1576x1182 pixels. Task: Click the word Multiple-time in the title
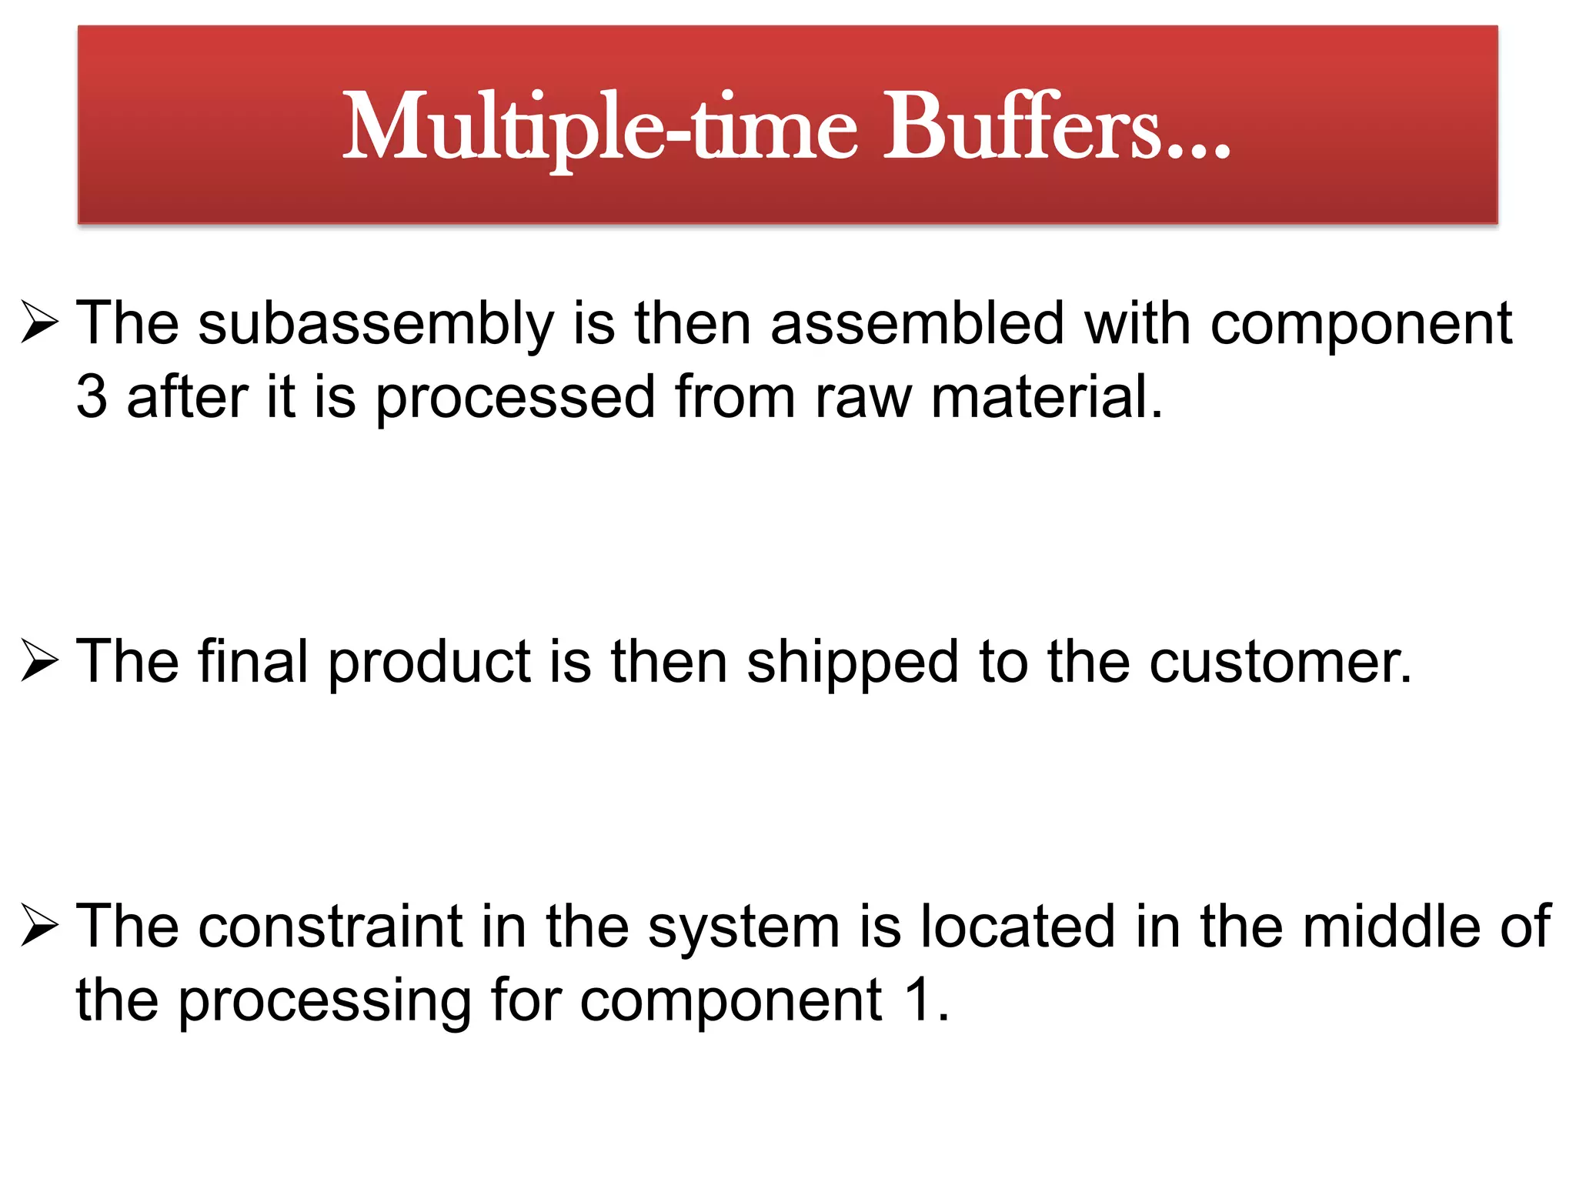(x=599, y=127)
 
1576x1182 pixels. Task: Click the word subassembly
(x=376, y=324)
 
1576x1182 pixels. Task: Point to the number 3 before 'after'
(x=92, y=397)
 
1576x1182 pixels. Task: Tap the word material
(x=1046, y=397)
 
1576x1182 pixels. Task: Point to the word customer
(x=1280, y=663)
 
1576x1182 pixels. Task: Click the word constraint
(x=330, y=926)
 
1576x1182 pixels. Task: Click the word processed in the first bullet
(x=515, y=399)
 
